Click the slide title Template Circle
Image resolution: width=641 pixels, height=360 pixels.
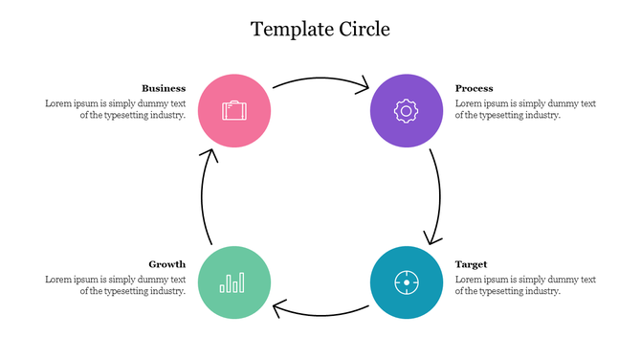tap(320, 29)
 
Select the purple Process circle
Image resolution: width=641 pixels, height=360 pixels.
tap(406, 111)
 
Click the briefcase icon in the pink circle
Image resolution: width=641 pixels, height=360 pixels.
tap(233, 110)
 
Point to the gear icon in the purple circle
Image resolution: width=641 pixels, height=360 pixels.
tap(406, 110)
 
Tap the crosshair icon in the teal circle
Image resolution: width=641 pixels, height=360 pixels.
tap(406, 282)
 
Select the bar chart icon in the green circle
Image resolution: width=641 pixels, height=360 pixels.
tap(232, 282)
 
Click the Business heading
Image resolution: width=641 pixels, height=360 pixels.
tap(164, 88)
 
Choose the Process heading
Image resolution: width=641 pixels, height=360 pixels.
tap(474, 88)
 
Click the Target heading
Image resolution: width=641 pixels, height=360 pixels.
tap(471, 263)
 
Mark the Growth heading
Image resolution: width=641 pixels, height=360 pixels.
tap(166, 263)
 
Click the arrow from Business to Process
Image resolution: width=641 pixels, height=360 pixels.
tap(320, 79)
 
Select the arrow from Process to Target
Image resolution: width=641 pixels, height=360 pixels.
tap(439, 196)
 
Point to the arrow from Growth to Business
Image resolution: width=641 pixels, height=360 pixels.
tap(203, 196)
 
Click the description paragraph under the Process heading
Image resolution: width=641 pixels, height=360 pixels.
tap(525, 108)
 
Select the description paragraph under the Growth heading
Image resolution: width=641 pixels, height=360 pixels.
tap(115, 284)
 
